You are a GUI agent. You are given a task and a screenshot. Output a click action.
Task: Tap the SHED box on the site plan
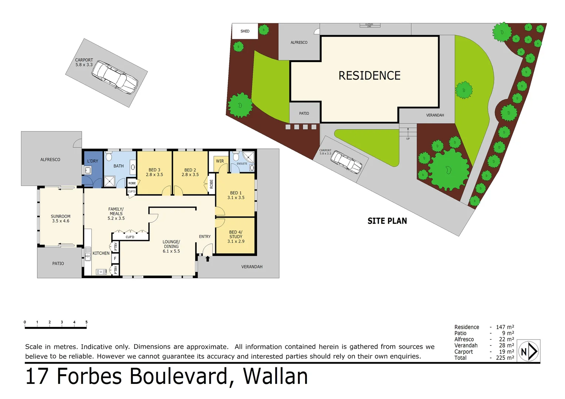click(245, 31)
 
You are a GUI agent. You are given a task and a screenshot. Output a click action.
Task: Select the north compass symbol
click(529, 351)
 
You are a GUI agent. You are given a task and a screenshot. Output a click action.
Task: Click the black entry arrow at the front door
click(207, 259)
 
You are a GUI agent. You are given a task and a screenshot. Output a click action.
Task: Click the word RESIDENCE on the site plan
click(369, 76)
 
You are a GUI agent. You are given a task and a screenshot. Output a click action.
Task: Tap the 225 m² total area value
click(505, 358)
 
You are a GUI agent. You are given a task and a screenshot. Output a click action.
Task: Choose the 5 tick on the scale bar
click(87, 323)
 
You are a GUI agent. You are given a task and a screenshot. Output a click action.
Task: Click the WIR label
click(220, 161)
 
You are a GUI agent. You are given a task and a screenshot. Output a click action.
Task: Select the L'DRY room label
click(93, 161)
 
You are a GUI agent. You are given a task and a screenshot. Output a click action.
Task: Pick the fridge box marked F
click(115, 259)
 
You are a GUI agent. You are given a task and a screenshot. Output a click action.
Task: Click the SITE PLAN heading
click(387, 221)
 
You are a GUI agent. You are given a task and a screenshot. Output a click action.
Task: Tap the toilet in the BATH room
click(109, 157)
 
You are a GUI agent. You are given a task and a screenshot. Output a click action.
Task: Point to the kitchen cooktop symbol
click(101, 272)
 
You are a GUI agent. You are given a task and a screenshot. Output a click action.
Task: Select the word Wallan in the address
click(275, 376)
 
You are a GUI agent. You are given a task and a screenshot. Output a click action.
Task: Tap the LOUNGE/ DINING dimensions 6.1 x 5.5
click(171, 251)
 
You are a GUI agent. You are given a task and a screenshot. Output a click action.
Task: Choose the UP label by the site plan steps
click(408, 139)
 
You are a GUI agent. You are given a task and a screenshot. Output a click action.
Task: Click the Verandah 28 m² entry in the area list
click(484, 345)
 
